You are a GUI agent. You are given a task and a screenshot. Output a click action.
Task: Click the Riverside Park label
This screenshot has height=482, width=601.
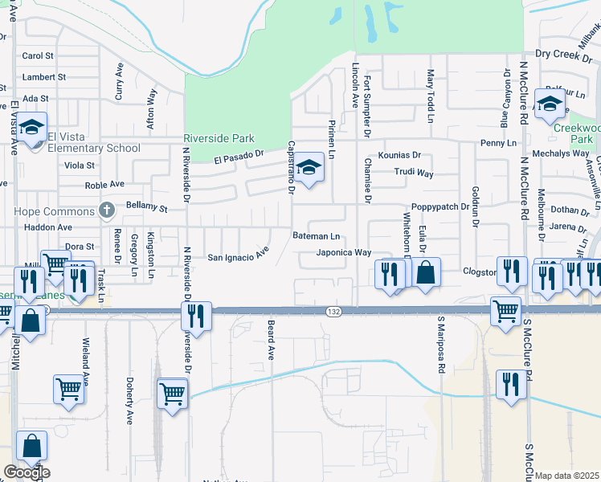[x=219, y=138]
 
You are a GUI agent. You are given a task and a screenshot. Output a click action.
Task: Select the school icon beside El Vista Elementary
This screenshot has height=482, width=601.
[x=33, y=129]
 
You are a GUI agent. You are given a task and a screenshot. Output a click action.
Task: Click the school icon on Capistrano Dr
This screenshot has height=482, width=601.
[x=309, y=169]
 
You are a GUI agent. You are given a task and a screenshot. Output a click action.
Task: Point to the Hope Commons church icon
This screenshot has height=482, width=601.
[x=105, y=210]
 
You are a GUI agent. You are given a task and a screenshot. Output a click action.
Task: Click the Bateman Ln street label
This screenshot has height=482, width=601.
[x=317, y=236]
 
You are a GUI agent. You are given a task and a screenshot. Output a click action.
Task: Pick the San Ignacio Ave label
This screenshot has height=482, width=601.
[x=238, y=257]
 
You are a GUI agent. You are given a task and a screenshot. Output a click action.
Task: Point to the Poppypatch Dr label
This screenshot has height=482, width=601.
[x=441, y=206]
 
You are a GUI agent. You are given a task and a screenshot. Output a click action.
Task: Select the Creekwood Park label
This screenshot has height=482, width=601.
[x=578, y=133]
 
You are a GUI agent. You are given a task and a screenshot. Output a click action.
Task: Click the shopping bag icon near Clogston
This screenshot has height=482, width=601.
[x=427, y=272]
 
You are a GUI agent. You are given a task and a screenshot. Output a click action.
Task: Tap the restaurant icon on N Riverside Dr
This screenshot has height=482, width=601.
[x=196, y=315]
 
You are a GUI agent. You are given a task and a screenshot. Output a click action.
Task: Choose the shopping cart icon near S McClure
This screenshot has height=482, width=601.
[x=505, y=311]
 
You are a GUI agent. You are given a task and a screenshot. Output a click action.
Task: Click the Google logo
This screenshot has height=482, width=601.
[x=27, y=472]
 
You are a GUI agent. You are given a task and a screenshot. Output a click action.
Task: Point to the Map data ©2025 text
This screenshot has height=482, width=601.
[x=567, y=476]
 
